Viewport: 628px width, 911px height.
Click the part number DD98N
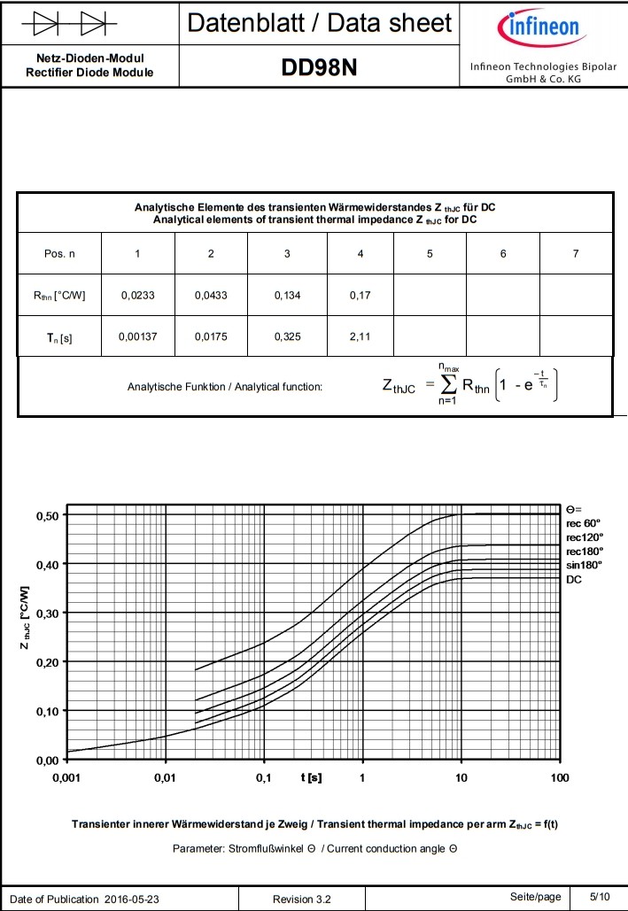(x=319, y=67)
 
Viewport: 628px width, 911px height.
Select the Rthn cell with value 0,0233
(x=137, y=296)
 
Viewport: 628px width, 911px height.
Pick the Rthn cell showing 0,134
(x=287, y=296)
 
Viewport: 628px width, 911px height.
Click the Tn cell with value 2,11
(x=360, y=337)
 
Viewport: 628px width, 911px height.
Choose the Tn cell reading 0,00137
(x=137, y=337)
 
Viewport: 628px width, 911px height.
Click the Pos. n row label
(x=59, y=254)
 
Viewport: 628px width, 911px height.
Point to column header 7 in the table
(x=576, y=254)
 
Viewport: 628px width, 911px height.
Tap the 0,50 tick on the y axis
(x=45, y=515)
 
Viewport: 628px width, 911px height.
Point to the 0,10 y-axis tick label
(x=45, y=711)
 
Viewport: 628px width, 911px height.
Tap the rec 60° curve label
(x=584, y=522)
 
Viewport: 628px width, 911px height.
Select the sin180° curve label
(x=584, y=564)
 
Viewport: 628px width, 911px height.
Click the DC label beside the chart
(x=574, y=578)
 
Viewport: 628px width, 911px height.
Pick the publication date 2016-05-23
(x=137, y=899)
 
